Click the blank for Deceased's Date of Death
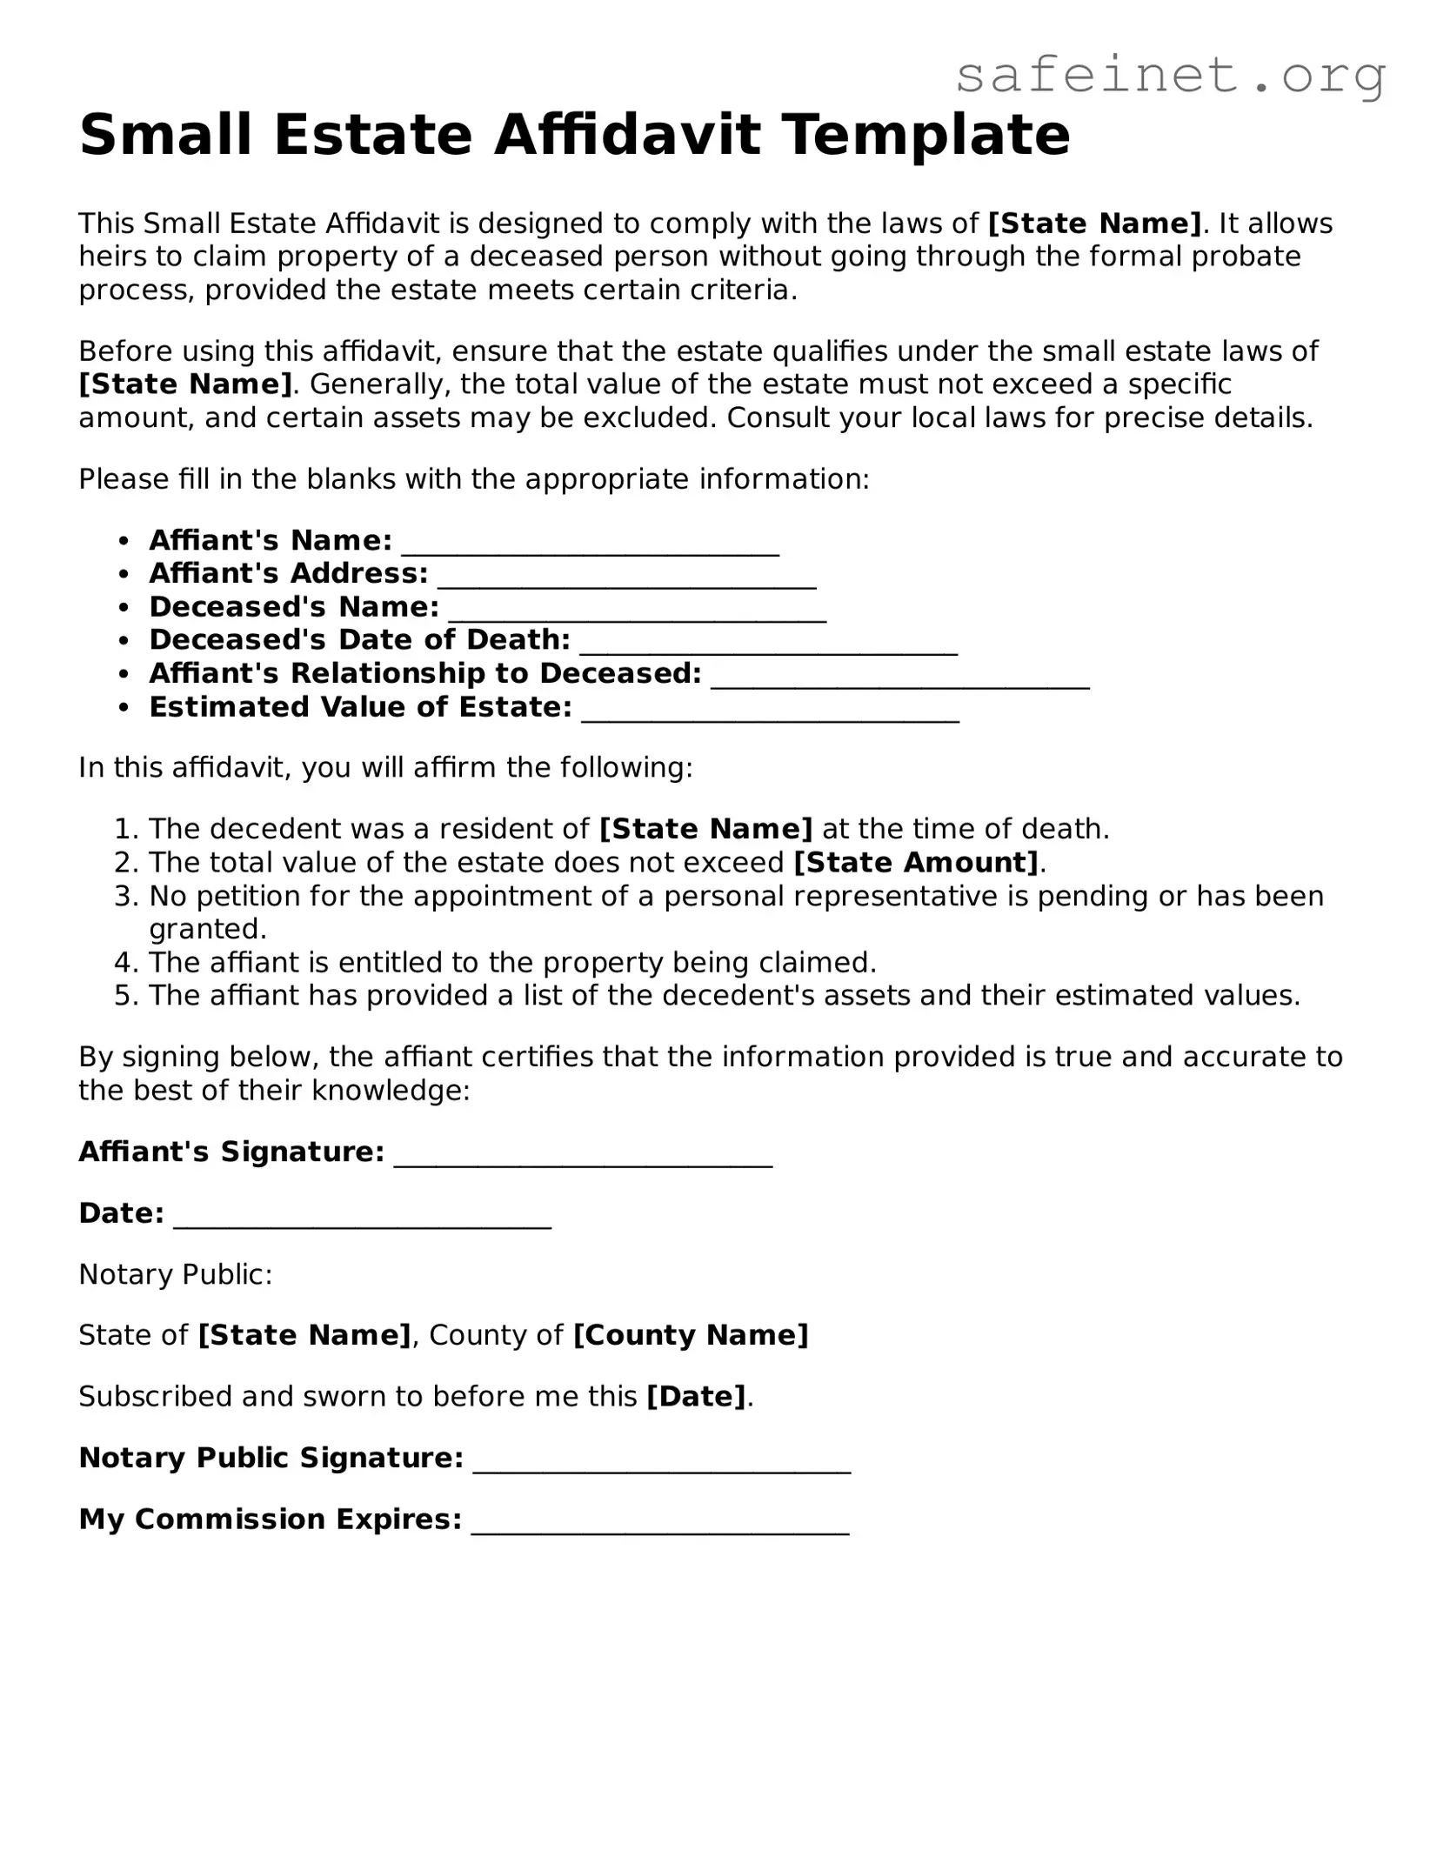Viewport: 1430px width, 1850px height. [768, 648]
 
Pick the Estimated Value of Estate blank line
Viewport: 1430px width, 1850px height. [770, 715]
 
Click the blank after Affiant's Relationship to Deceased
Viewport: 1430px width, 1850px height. [900, 681]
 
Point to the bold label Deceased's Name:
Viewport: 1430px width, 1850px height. [294, 606]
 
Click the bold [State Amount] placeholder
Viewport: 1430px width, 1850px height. [917, 862]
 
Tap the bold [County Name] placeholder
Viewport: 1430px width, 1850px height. [691, 1334]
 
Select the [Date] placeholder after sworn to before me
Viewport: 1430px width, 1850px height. [696, 1396]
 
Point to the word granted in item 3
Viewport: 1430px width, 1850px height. [207, 929]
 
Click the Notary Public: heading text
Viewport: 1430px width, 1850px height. [176, 1274]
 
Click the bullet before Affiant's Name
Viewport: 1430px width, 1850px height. [125, 541]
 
